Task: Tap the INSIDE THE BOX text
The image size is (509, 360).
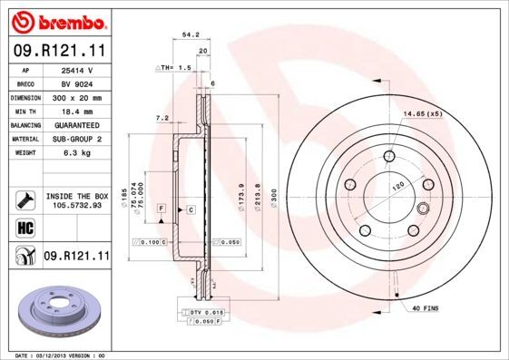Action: (76, 196)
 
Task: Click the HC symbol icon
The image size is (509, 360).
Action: (24, 227)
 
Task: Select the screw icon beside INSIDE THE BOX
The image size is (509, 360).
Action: (24, 199)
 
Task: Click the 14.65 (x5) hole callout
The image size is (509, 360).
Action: (422, 114)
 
